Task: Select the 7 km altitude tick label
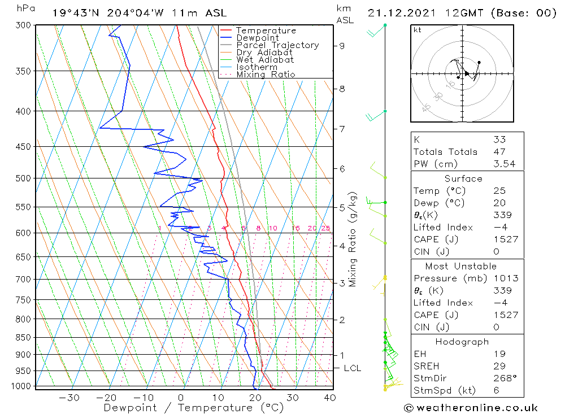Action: pos(342,129)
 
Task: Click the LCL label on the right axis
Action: pos(352,368)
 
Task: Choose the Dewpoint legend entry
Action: pos(257,38)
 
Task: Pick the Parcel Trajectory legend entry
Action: pos(277,45)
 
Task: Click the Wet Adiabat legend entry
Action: pos(265,60)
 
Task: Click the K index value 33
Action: pos(499,140)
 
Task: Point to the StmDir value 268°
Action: pos(503,378)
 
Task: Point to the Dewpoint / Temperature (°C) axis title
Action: pos(193,408)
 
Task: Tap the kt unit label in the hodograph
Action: pos(418,30)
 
